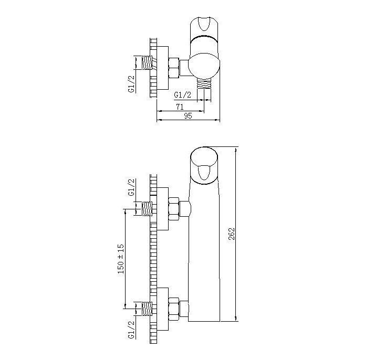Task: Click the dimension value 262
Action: pyautogui.click(x=232, y=234)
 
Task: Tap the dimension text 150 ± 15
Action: pyautogui.click(x=121, y=259)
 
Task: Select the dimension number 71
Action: pyautogui.click(x=180, y=107)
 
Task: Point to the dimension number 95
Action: pyautogui.click(x=188, y=116)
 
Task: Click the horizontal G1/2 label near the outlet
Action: pyautogui.click(x=183, y=95)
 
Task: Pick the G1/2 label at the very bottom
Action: pyautogui.click(x=131, y=330)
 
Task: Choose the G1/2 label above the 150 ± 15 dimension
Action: pyautogui.click(x=131, y=187)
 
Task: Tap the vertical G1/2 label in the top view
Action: pyautogui.click(x=131, y=83)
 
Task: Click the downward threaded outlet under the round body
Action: pyautogui.click(x=204, y=84)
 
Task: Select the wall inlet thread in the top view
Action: pyautogui.click(x=147, y=63)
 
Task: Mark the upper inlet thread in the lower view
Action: pyautogui.click(x=147, y=209)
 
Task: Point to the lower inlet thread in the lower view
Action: pyautogui.click(x=147, y=309)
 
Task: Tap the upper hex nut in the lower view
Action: pyautogui.click(x=174, y=209)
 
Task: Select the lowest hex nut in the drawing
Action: pyautogui.click(x=174, y=309)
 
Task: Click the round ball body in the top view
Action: pyautogui.click(x=203, y=66)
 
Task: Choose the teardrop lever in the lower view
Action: pyautogui.click(x=204, y=173)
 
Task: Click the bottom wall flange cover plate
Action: pyautogui.click(x=163, y=309)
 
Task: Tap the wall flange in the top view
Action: pyautogui.click(x=163, y=68)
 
